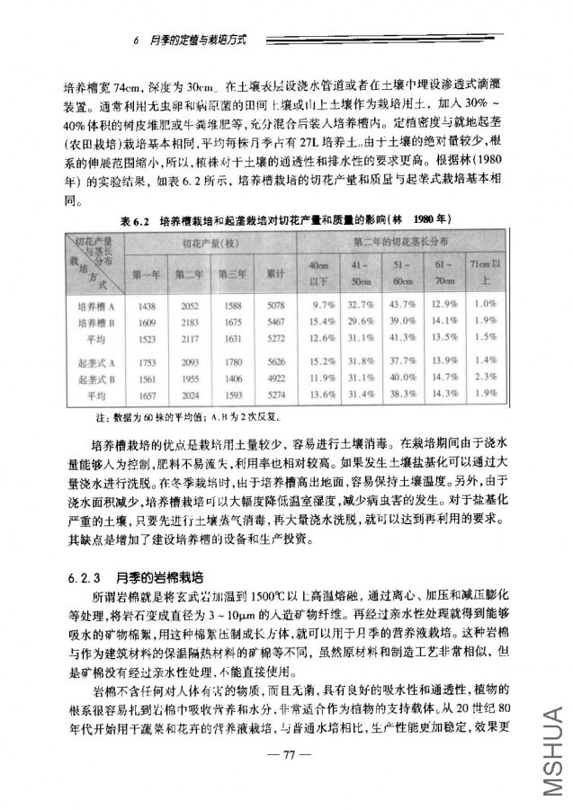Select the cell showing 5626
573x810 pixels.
(x=276, y=361)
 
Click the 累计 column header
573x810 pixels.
(x=276, y=272)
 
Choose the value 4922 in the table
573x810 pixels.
(x=276, y=377)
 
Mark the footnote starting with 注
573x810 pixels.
(x=180, y=417)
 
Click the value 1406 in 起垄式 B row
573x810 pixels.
(x=233, y=377)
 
